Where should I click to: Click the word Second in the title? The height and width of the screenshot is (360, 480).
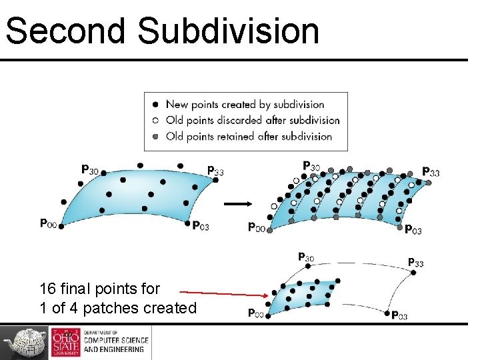tap(65, 31)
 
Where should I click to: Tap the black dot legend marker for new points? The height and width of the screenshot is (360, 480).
tap(155, 104)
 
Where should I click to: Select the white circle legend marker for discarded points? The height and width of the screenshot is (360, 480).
tap(155, 121)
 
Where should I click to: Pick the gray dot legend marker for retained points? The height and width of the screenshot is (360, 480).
tap(155, 137)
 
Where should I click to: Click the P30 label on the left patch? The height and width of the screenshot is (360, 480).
tap(90, 170)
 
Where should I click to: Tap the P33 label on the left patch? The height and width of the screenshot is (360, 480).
tap(215, 171)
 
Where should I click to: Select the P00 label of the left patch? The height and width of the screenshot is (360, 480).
tap(48, 223)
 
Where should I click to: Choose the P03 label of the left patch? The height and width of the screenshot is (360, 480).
tap(201, 226)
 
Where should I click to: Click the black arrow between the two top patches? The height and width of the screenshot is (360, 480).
tap(237, 204)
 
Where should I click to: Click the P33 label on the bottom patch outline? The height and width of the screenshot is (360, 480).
tap(415, 263)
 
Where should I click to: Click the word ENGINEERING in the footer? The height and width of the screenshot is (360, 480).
tap(123, 349)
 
